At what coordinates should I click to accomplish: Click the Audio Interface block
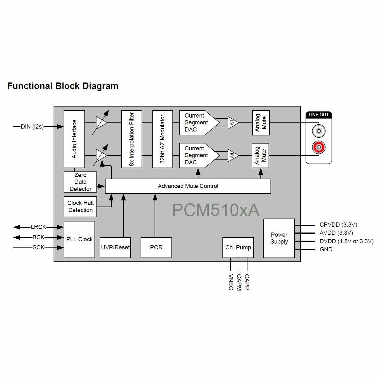click(x=74, y=139)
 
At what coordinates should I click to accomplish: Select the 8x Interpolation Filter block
click(x=132, y=139)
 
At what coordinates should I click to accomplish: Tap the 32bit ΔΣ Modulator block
click(x=162, y=139)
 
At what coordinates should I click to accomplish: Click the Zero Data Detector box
click(x=80, y=182)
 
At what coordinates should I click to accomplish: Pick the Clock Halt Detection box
click(x=80, y=207)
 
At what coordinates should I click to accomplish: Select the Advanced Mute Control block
click(x=188, y=186)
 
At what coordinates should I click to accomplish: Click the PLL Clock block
click(x=79, y=239)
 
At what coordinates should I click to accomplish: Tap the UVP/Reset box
click(x=115, y=247)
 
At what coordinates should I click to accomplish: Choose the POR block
click(x=156, y=247)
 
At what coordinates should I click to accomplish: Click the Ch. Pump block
click(x=238, y=247)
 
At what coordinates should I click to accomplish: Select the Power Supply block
click(x=279, y=238)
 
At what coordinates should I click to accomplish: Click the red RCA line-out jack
click(x=319, y=148)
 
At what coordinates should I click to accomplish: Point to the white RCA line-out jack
click(x=319, y=131)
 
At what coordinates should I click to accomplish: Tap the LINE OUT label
click(x=319, y=115)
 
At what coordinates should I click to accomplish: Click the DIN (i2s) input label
click(x=32, y=127)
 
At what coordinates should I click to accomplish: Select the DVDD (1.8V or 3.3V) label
click(x=346, y=241)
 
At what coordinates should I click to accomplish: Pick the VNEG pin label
click(x=231, y=282)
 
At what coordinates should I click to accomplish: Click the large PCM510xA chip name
click(x=216, y=210)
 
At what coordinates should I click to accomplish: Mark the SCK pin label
click(x=38, y=247)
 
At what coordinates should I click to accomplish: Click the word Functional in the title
click(x=30, y=86)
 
